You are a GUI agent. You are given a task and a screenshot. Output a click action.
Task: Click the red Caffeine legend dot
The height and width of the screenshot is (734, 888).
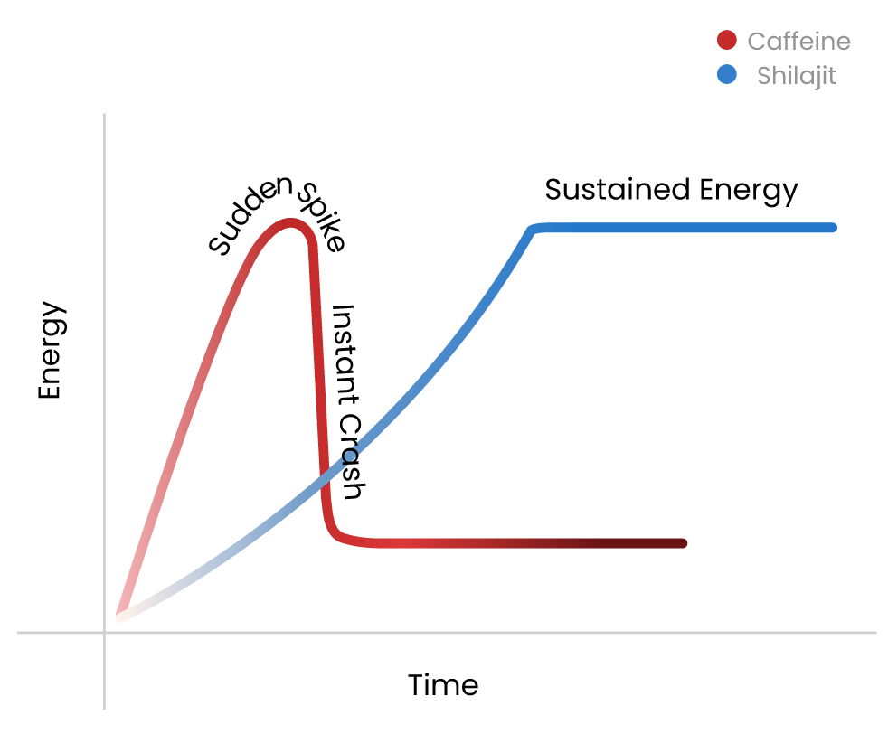click(x=727, y=41)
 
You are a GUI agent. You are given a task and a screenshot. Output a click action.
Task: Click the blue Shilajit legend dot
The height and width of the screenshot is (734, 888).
click(x=727, y=75)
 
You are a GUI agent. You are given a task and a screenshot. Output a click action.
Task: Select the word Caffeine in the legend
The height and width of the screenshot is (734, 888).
click(x=798, y=42)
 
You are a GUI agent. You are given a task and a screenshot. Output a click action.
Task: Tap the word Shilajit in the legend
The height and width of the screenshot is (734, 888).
click(x=796, y=76)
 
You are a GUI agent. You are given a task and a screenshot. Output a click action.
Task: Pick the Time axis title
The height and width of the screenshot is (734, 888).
click(x=442, y=685)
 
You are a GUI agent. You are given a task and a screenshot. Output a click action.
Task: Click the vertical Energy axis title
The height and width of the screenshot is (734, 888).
click(x=52, y=351)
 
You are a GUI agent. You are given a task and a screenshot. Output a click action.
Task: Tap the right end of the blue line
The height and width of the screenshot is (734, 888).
click(x=831, y=228)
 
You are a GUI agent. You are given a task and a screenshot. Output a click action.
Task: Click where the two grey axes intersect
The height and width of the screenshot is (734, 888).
click(x=105, y=633)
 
